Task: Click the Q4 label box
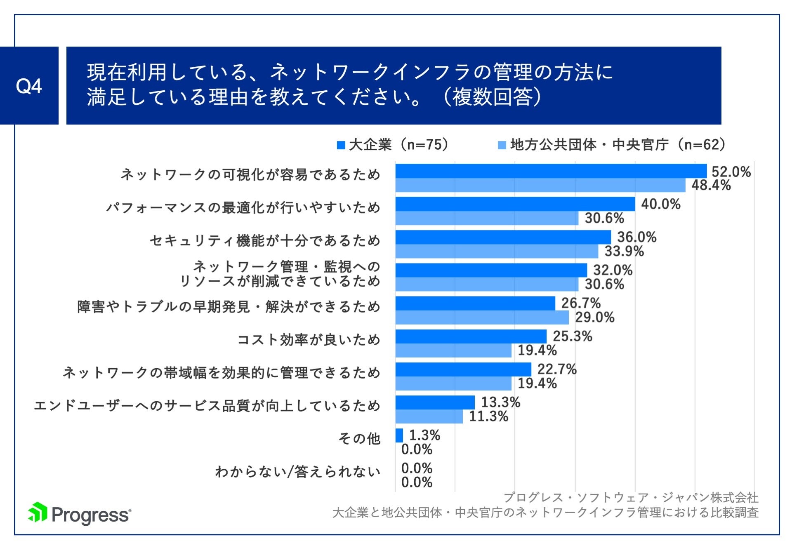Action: coord(29,86)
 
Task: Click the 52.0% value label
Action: coord(731,172)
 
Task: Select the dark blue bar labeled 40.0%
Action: coord(515,204)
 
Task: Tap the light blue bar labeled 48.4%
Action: coord(540,185)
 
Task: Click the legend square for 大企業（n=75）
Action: coord(341,145)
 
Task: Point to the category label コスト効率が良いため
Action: coord(309,340)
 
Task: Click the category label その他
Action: coord(359,438)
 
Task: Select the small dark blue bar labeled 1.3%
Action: coord(399,435)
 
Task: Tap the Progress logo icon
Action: coord(38,513)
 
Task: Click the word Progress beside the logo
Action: coord(91,515)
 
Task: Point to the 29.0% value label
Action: coord(594,318)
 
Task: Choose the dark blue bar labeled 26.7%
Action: coord(475,303)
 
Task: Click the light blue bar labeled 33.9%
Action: coord(496,251)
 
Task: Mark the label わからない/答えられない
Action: coord(297,471)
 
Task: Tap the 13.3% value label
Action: coord(500,402)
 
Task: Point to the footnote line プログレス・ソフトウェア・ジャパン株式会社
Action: coord(631,498)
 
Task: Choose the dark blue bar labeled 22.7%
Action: coord(463,369)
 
